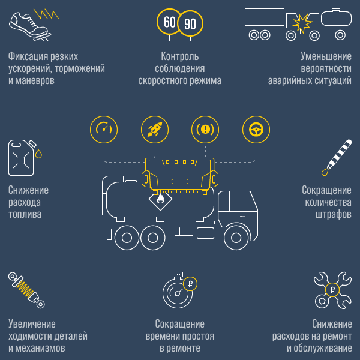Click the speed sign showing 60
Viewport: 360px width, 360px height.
coord(169,22)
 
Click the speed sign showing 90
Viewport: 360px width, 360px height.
coord(190,23)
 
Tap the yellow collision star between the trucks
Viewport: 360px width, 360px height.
coord(302,23)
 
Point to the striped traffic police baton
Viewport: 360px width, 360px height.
coord(337,157)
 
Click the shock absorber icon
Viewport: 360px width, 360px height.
coord(26,290)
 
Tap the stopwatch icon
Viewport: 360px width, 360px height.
coord(178,291)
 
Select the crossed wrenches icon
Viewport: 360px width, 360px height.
coord(332,290)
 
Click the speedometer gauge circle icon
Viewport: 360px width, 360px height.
coord(104,130)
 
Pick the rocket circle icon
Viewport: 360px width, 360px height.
coord(155,130)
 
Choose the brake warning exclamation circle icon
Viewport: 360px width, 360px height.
coord(205,130)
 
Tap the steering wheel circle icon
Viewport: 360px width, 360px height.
coord(256,130)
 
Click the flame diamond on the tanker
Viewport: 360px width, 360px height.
coord(160,199)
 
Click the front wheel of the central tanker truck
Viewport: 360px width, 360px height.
coord(236,238)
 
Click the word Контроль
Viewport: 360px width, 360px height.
coord(180,56)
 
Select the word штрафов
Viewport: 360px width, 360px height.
coord(334,215)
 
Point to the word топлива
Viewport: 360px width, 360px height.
coord(25,214)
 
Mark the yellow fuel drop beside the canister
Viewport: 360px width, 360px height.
coord(38,154)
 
